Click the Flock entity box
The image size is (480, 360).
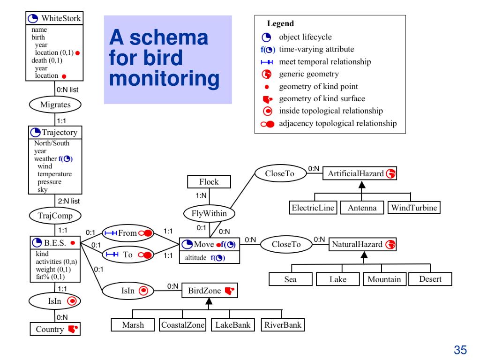coord(209,181)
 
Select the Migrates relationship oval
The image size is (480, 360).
coord(55,105)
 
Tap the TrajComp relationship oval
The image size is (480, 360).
coord(55,216)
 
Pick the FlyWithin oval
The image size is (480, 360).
coord(209,213)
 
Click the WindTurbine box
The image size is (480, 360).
coord(414,208)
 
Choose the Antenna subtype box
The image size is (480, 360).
coord(362,208)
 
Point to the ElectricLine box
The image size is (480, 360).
coord(313,208)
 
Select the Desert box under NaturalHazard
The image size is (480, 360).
coord(430,279)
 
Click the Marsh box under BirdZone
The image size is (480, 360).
coord(133,325)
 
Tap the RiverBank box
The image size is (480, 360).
coord(283,325)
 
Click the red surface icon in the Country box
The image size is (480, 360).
coord(73,329)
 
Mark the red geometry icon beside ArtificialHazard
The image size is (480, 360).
coord(390,173)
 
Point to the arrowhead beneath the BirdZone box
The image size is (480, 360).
coord(209,301)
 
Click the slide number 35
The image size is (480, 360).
coord(460,350)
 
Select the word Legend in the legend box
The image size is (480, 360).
coord(280,23)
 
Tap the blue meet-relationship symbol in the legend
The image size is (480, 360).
coord(267,62)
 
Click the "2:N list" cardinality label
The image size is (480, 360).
coord(69,201)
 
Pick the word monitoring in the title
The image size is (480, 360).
coord(165,79)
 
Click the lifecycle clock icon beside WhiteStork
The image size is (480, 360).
coord(33,19)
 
